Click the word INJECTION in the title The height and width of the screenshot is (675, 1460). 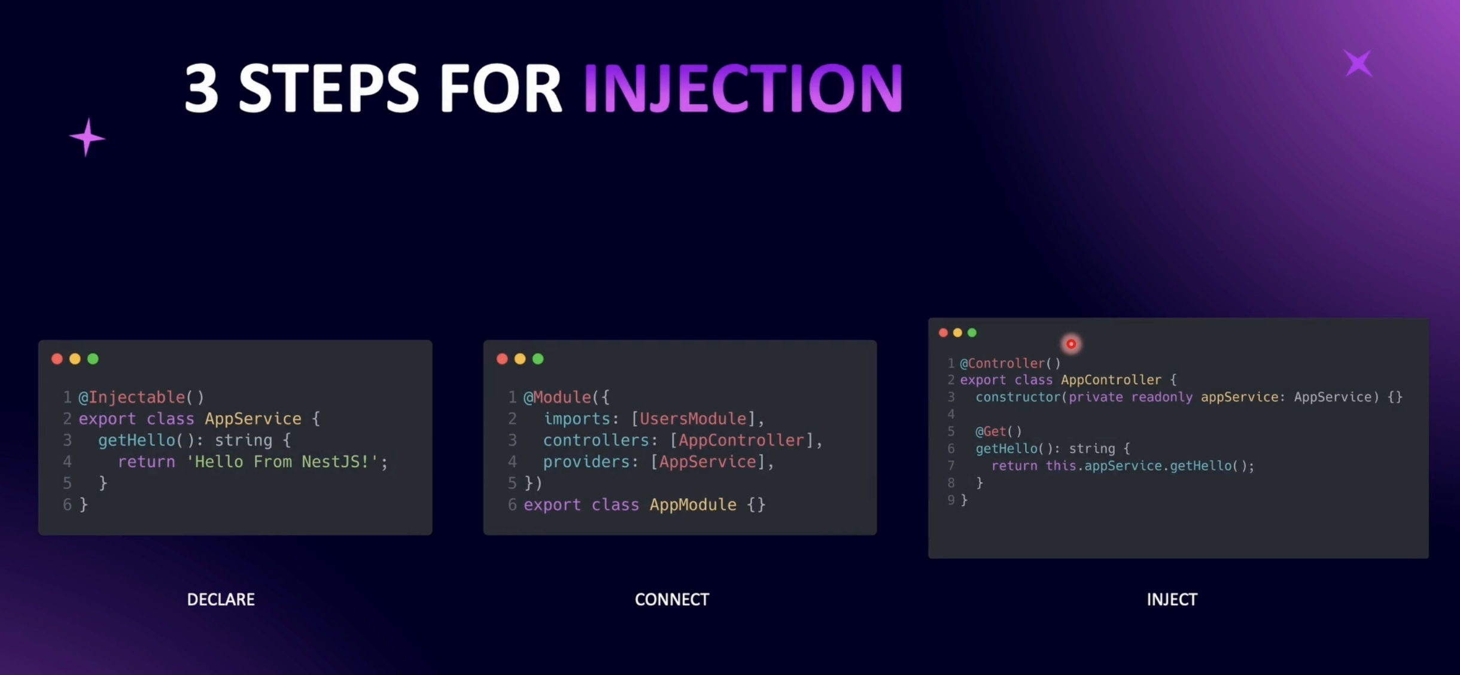[743, 89]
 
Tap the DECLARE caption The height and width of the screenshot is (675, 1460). [221, 600]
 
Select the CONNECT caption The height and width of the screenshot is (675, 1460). [672, 600]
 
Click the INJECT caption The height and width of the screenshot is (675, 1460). [1172, 600]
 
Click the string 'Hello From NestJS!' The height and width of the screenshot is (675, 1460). [282, 462]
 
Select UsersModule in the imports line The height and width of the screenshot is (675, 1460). [693, 419]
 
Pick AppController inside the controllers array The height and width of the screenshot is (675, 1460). [741, 440]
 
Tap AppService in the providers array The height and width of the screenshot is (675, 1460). [707, 462]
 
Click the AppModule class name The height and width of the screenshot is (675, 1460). [693, 505]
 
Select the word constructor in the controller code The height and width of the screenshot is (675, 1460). [1018, 397]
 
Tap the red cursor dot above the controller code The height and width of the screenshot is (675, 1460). [1071, 344]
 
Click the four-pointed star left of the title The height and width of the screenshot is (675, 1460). [87, 138]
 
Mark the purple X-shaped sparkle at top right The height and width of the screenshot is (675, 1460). [1358, 63]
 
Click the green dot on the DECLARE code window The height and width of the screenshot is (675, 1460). [93, 359]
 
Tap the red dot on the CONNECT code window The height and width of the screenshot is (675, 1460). [502, 359]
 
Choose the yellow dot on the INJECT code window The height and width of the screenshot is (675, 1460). [957, 333]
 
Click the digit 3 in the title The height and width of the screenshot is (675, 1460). [202, 89]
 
